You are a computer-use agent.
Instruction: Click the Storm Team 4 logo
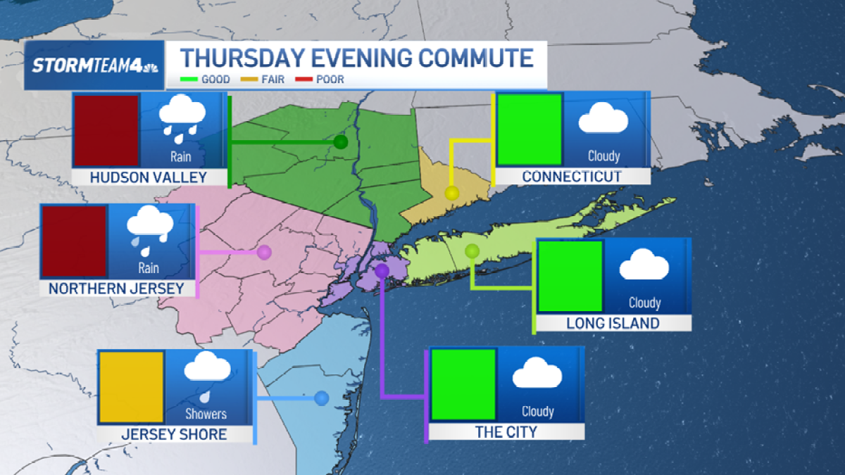(x=94, y=66)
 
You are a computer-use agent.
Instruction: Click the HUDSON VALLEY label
(x=149, y=177)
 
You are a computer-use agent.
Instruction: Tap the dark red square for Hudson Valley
(x=106, y=131)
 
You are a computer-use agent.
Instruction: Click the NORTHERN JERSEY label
(x=116, y=289)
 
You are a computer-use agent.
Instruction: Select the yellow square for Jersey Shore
(x=131, y=387)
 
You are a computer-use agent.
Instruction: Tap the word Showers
(x=206, y=414)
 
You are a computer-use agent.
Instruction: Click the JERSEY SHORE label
(x=174, y=434)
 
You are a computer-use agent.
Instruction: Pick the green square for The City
(x=463, y=384)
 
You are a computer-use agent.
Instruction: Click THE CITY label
(x=506, y=432)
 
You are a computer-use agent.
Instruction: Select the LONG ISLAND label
(x=613, y=324)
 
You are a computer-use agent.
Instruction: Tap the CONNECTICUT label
(x=572, y=176)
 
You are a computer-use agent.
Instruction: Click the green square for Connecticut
(x=530, y=129)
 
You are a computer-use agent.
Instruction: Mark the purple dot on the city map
(x=382, y=270)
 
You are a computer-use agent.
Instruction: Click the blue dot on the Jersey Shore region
(x=322, y=398)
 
